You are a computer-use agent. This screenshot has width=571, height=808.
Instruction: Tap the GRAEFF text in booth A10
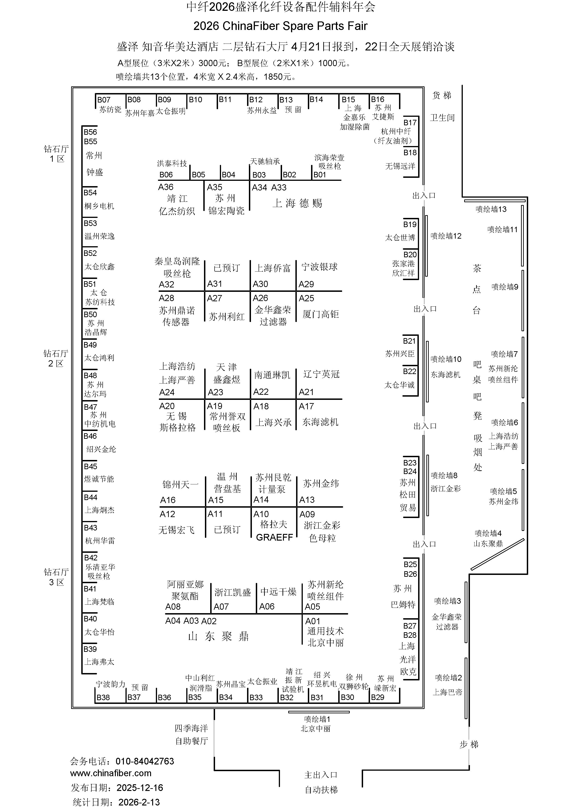[x=274, y=537]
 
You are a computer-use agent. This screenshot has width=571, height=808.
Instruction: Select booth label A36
[x=166, y=187]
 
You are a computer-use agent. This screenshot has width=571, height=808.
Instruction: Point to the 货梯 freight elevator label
[x=442, y=95]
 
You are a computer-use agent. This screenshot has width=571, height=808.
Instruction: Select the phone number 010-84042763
[x=145, y=761]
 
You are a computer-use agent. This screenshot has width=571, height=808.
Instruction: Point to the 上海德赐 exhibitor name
[x=297, y=203]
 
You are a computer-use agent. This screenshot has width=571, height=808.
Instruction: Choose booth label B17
[x=410, y=123]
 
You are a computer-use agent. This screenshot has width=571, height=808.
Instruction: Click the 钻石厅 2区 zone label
[x=56, y=358]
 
